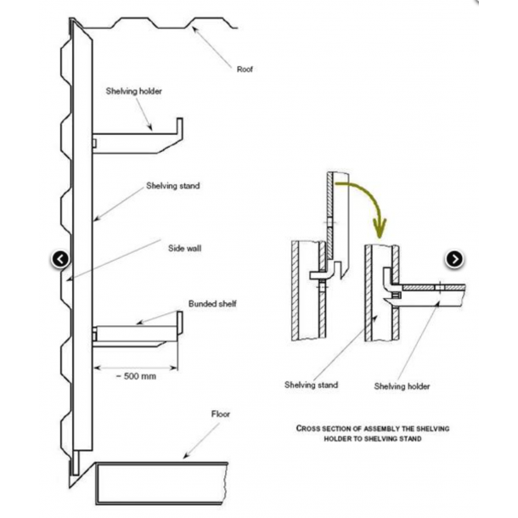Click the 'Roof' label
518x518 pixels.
click(245, 70)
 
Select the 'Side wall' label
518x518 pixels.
click(185, 248)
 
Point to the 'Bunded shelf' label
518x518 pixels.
click(211, 303)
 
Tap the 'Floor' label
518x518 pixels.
click(221, 414)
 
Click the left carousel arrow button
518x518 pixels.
click(60, 259)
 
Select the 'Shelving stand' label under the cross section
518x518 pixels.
click(311, 385)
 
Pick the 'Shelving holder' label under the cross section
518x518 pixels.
click(402, 386)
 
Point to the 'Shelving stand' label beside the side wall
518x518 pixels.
click(172, 184)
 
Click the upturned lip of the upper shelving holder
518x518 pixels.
click(180, 127)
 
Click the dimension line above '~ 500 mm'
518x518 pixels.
click(136, 367)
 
